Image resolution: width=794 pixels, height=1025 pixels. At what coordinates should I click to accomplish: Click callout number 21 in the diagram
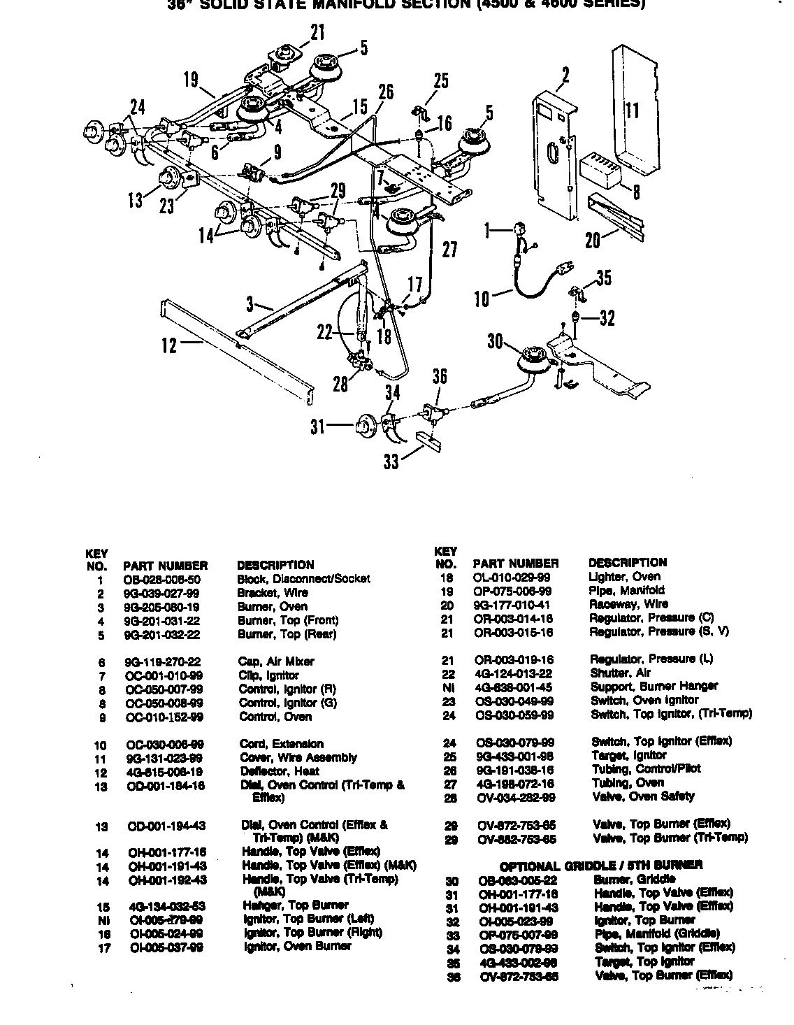317,32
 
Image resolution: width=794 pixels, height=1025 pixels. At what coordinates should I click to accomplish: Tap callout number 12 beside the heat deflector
169,345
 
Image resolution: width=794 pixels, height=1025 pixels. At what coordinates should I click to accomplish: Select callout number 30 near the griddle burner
495,341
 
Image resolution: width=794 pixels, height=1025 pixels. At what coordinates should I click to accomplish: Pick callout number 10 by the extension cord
482,299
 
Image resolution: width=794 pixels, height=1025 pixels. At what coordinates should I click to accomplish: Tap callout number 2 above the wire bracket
565,75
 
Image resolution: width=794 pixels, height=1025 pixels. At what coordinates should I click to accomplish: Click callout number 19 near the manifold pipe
191,80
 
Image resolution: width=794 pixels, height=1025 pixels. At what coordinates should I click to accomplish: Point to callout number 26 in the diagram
385,92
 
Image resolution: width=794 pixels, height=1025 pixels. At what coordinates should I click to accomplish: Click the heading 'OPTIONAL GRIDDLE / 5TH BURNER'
601,865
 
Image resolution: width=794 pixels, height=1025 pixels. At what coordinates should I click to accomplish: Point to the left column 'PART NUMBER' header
165,565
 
